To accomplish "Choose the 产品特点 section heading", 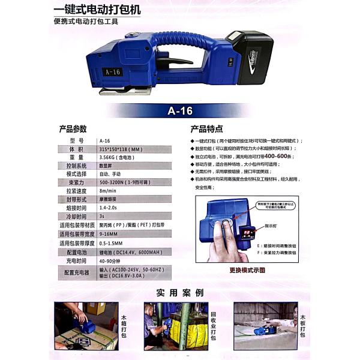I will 206,128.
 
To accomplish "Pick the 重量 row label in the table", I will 76,157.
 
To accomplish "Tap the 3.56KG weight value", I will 117,157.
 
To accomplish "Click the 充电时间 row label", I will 76,261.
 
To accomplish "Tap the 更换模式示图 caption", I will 247,270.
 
